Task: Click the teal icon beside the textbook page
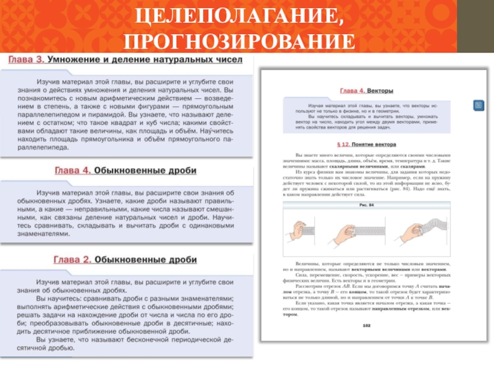coord(478,104)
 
